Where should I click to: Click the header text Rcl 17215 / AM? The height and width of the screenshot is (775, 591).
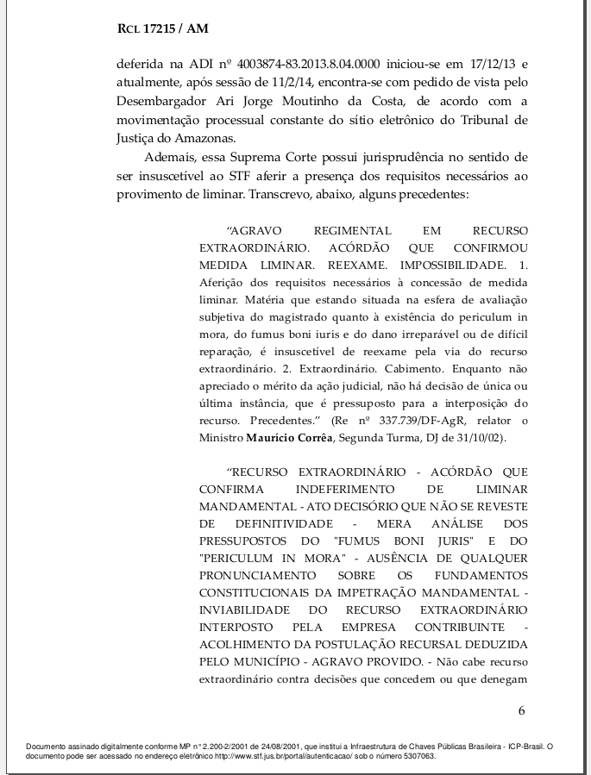point(162,29)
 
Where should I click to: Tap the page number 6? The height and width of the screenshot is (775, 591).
point(521,710)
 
